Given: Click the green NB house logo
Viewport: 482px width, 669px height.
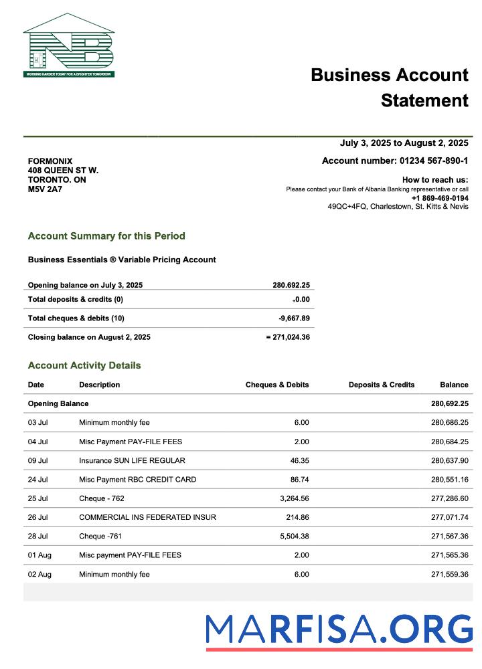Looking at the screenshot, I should (x=69, y=45).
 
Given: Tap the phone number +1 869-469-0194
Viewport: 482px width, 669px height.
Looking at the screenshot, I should (x=440, y=198).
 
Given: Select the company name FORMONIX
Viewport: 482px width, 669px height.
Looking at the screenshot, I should (x=50, y=161).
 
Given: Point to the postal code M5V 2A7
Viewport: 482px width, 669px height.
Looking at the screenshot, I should (x=45, y=189).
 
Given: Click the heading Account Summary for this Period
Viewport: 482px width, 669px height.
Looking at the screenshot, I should (x=106, y=236).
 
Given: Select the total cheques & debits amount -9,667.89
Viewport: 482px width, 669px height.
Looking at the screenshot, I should (x=294, y=318).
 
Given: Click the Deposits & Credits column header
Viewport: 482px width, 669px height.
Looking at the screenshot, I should (x=382, y=385).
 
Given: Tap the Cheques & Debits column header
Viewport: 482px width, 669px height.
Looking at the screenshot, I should (x=277, y=385).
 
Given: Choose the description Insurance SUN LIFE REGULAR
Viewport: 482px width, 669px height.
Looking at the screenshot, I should (x=132, y=460).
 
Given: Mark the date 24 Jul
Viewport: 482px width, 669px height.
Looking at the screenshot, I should (x=37, y=480).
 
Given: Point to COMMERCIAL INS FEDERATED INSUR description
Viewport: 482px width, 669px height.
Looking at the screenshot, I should (x=147, y=518).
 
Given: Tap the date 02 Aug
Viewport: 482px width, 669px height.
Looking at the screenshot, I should (x=39, y=575).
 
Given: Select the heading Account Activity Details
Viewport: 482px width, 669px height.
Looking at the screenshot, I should (x=84, y=366).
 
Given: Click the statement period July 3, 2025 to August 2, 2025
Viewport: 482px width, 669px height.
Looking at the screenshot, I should (x=404, y=143).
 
